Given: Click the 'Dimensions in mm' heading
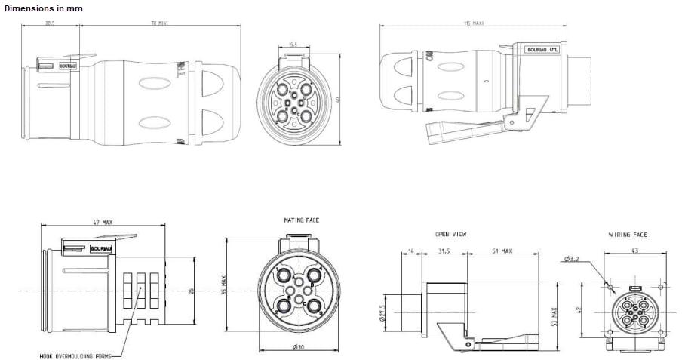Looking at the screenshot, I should click(41, 8).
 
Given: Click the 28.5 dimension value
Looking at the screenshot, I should click(50, 23).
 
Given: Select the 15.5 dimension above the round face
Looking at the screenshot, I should click(293, 45).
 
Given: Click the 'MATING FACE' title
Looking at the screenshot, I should click(302, 220).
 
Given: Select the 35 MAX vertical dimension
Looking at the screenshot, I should click(225, 285).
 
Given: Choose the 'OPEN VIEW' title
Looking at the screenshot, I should click(452, 235).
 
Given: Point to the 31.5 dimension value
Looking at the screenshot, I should click(444, 251).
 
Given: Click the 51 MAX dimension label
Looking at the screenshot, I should click(502, 251).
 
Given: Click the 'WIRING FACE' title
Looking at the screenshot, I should click(628, 235).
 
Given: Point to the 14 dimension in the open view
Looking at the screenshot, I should click(411, 251).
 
